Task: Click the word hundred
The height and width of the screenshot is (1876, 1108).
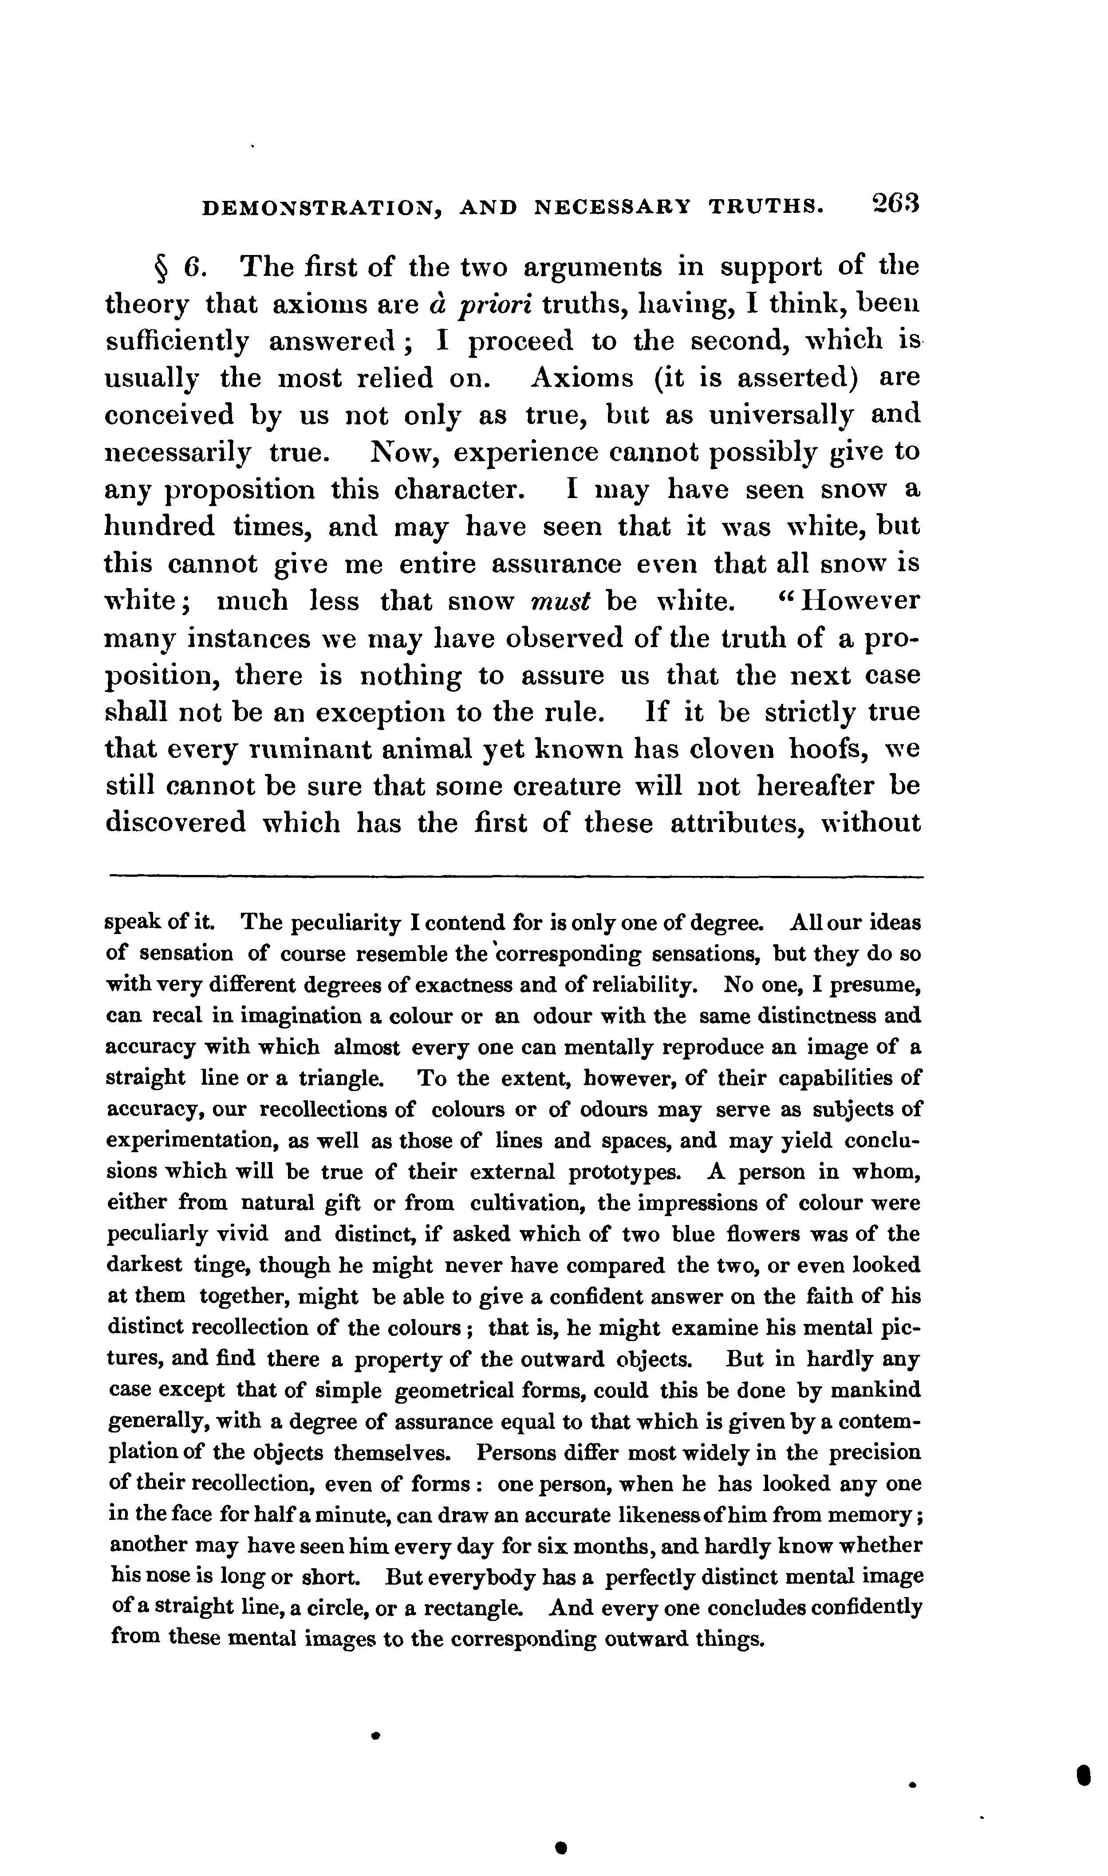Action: [159, 527]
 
